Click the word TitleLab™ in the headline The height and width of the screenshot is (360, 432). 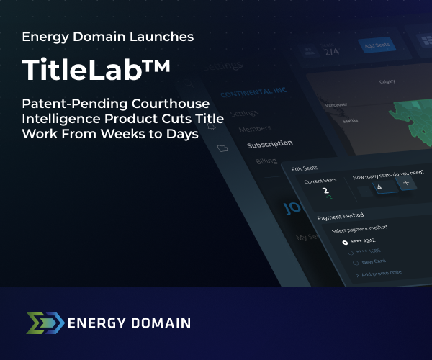tap(96, 68)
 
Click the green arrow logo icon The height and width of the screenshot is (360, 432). tap(44, 323)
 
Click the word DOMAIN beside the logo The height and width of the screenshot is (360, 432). tap(159, 323)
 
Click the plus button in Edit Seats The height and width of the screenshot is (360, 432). tap(405, 183)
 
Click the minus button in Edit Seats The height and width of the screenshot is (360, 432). tap(364, 191)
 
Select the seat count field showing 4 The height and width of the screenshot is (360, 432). tap(384, 187)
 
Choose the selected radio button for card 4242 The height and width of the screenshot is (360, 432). tap(346, 242)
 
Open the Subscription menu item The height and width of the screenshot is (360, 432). tap(270, 144)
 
